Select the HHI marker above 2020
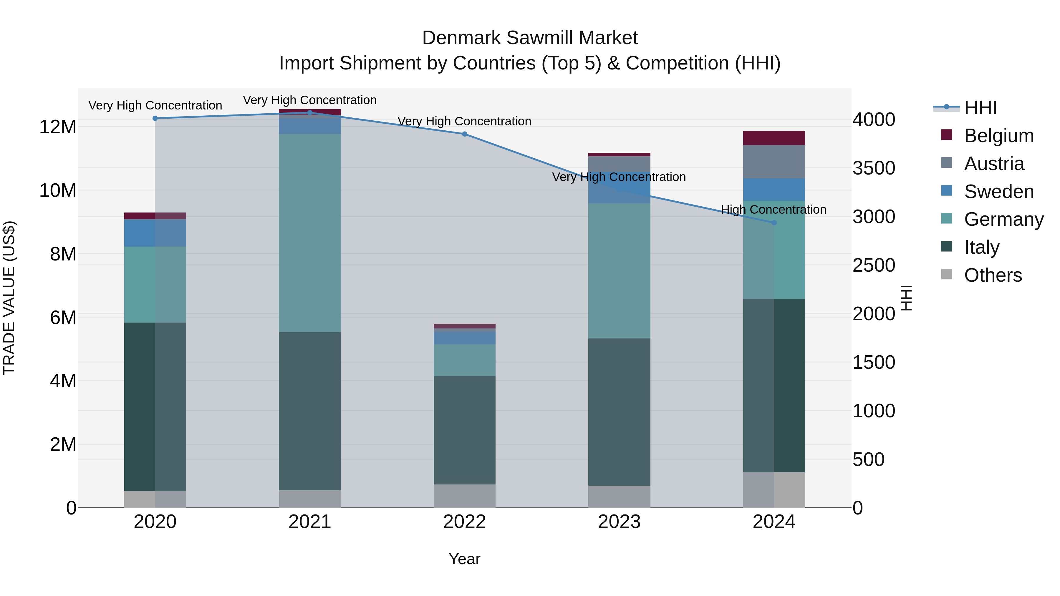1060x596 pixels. pyautogui.click(x=155, y=118)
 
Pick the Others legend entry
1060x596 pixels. pyautogui.click(x=993, y=275)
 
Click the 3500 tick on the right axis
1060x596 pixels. pyautogui.click(x=873, y=168)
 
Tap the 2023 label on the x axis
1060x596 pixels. pyautogui.click(x=619, y=522)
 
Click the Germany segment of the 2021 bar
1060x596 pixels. pyautogui.click(x=309, y=233)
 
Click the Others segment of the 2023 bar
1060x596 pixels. pyautogui.click(x=619, y=497)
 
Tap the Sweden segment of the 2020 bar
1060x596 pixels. pyautogui.click(x=155, y=233)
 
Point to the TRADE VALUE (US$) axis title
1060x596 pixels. pyautogui.click(x=9, y=298)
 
